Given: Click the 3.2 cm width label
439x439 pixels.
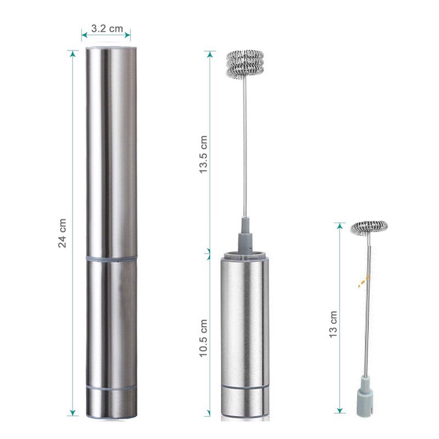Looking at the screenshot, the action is pos(107,29).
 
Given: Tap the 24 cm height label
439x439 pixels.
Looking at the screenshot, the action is pos(62,233).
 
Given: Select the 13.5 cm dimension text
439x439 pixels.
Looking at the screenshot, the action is pos(203,154).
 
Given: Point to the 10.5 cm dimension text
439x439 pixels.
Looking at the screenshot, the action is pos(203,338).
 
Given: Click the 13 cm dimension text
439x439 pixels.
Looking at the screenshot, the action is pos(333,324).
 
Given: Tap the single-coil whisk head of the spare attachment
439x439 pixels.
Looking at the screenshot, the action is pos(369,228).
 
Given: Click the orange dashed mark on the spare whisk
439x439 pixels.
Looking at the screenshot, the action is pos(364,282).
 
